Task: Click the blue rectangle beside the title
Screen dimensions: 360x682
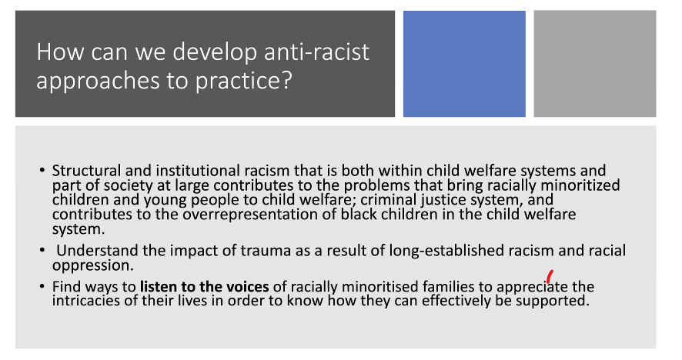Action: (464, 64)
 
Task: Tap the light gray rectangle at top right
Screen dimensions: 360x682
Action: (594, 64)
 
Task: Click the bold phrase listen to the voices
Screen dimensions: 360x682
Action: (205, 287)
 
